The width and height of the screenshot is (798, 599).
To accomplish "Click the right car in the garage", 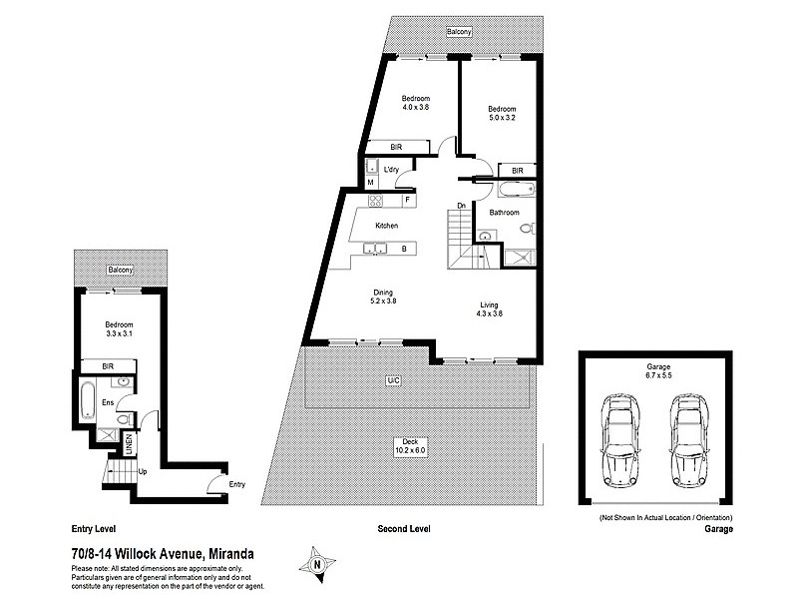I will coord(689,436).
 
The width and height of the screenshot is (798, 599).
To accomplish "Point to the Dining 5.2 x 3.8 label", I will coord(384,297).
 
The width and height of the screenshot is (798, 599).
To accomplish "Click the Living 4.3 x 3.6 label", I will coord(489,309).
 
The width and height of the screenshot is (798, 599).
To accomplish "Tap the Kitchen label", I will coord(386,227).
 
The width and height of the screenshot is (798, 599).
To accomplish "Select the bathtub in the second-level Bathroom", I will coord(516,189).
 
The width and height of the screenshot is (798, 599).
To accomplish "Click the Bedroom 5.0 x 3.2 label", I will coord(502,113).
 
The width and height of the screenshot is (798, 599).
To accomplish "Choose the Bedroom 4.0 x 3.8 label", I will coord(415,103).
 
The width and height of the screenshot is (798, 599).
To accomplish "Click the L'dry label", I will coord(391,171).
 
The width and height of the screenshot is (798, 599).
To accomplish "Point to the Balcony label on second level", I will coord(460,31).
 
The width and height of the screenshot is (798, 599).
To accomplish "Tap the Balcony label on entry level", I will coord(121,271).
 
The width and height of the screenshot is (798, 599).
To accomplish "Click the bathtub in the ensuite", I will coord(88,399).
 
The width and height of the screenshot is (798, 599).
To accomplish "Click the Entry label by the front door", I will coord(236,484).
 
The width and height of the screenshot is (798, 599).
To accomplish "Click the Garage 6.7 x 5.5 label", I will coord(655,372).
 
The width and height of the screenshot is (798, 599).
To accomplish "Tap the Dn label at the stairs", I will coord(462,206).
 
